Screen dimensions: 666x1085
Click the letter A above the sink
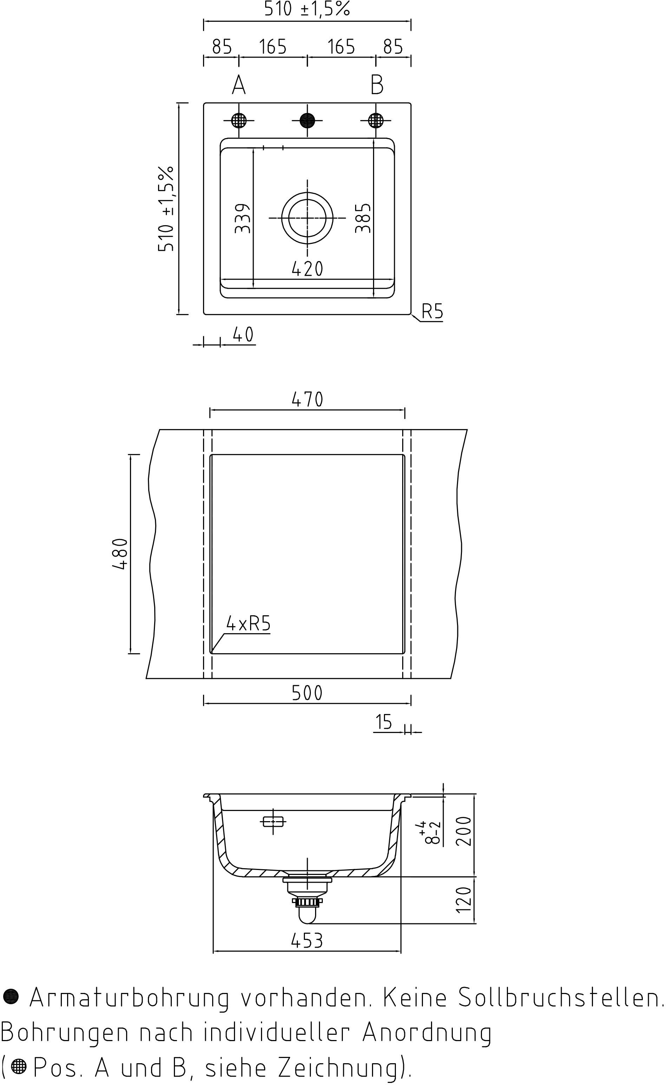pyautogui.click(x=239, y=85)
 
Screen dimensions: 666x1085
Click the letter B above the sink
pyautogui.click(x=377, y=85)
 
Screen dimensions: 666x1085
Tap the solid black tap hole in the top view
pyautogui.click(x=307, y=120)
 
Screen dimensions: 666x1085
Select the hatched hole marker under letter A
pyautogui.click(x=239, y=120)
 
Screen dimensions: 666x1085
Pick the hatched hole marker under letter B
pyautogui.click(x=376, y=120)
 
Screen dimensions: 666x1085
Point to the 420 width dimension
pyautogui.click(x=307, y=269)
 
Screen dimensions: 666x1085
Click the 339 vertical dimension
pyautogui.click(x=243, y=218)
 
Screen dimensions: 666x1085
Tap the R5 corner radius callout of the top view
pyautogui.click(x=432, y=311)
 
